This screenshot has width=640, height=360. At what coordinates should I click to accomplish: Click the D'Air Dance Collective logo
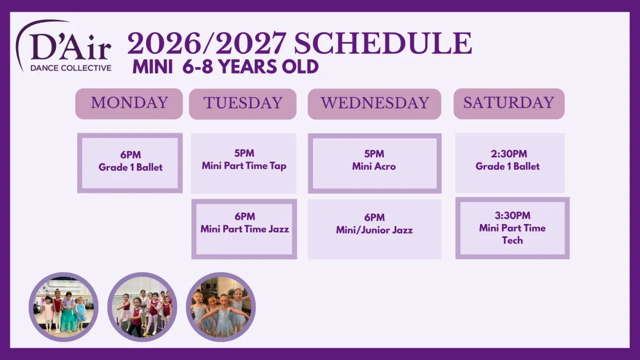(63, 46)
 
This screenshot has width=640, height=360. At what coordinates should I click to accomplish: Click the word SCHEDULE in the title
(383, 43)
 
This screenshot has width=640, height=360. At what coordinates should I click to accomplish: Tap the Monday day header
(129, 103)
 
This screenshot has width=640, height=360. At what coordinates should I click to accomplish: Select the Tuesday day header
(243, 104)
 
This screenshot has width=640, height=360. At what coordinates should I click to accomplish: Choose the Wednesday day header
(374, 104)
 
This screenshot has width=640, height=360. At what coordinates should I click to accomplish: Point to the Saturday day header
(509, 103)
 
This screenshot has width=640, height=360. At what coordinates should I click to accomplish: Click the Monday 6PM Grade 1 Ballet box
(130, 163)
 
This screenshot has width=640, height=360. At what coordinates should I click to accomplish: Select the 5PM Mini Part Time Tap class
(244, 163)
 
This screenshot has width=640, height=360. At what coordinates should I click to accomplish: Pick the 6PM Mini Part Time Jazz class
(244, 229)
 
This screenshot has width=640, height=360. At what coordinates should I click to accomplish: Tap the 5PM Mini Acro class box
(374, 163)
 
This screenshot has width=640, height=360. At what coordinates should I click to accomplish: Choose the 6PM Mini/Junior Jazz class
(374, 229)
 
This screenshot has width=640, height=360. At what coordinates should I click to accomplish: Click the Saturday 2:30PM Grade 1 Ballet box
(510, 163)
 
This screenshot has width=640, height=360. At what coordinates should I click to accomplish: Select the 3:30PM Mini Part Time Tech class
(513, 228)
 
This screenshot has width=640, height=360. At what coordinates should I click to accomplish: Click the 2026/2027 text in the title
(207, 43)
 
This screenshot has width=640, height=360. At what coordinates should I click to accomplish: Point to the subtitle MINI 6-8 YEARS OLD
(226, 67)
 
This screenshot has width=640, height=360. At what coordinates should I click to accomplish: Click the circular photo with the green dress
(63, 307)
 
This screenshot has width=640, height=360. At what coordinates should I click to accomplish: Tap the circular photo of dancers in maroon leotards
(142, 307)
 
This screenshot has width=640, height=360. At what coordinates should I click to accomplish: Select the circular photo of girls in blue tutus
(221, 307)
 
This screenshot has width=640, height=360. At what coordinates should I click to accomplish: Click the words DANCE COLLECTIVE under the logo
(71, 68)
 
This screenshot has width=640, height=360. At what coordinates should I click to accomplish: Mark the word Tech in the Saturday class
(513, 241)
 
